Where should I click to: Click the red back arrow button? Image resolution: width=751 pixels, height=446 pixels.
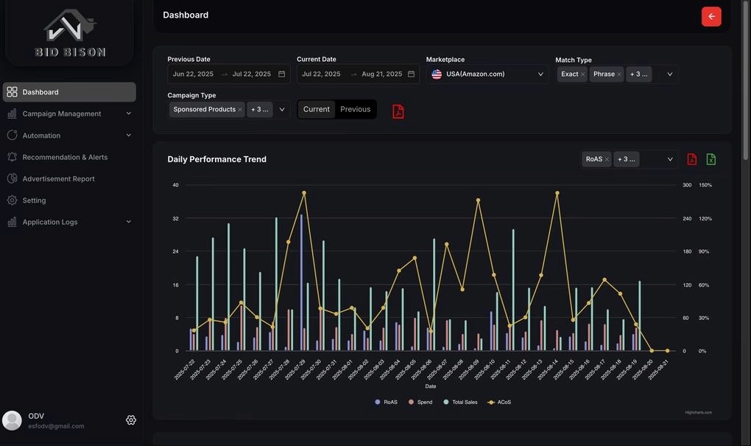(711, 16)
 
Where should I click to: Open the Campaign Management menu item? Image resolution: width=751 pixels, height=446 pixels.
(62, 114)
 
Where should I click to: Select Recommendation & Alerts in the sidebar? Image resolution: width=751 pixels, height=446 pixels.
(65, 157)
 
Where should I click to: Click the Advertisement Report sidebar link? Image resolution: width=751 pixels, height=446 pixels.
(58, 178)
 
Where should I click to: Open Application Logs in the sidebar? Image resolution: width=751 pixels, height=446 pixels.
(50, 222)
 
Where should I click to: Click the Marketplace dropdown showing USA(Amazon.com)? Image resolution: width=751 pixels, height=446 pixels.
(487, 74)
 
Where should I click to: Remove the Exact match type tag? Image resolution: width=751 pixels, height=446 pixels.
(583, 74)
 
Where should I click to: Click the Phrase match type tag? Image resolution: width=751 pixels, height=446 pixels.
(604, 74)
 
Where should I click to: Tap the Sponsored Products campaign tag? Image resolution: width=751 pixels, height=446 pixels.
(204, 109)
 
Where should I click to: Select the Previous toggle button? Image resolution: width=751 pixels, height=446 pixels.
(356, 109)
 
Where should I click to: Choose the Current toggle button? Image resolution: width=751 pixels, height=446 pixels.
(317, 109)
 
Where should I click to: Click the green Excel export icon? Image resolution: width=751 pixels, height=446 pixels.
(711, 159)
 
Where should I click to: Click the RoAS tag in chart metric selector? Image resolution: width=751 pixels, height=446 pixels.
(593, 159)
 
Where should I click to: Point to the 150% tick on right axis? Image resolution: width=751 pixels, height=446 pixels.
(705, 185)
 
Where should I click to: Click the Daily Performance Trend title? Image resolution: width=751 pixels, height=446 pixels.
(216, 159)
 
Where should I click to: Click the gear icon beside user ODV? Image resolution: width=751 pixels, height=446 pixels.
(131, 420)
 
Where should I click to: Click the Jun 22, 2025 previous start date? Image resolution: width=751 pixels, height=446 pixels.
(193, 74)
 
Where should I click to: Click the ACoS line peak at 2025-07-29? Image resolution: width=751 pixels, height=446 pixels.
(304, 193)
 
